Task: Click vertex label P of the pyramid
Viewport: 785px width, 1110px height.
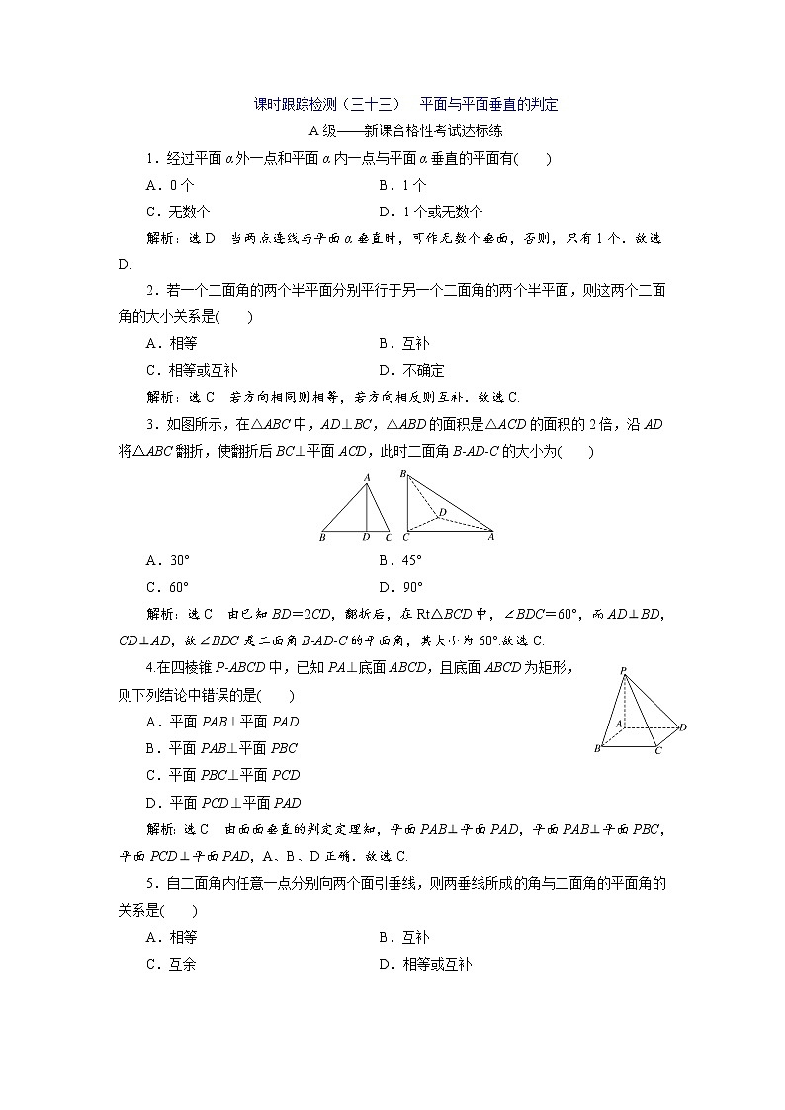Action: [623, 671]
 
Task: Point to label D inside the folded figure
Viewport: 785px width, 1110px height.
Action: [443, 511]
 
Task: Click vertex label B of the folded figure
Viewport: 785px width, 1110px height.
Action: [403, 475]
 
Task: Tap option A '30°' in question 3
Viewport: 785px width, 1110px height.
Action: [167, 559]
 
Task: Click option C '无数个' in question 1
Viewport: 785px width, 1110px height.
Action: [177, 212]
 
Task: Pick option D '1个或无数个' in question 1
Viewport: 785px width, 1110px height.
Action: [431, 212]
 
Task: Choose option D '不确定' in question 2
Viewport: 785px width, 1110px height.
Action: [412, 371]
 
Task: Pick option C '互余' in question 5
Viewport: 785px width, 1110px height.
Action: [170, 965]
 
